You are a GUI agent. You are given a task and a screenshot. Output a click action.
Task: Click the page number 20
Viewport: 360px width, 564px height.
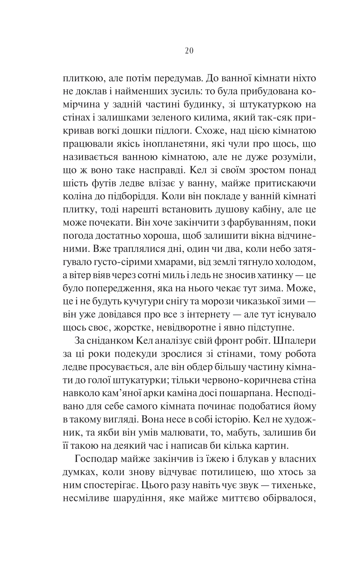[189, 51]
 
